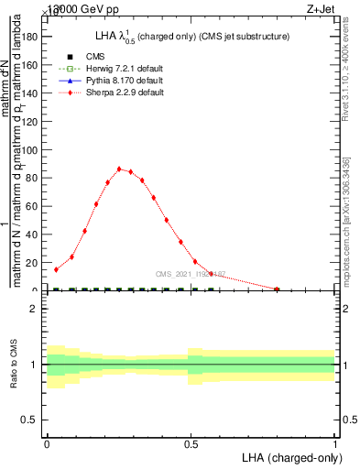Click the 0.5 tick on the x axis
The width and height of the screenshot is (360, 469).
[x=191, y=444]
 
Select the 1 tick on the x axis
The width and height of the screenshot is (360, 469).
[x=335, y=444]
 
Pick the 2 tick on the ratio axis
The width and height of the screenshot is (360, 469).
[x=36, y=309]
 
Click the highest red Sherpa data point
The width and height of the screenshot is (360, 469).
[x=119, y=169]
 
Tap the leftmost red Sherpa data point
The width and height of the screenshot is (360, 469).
[x=56, y=269]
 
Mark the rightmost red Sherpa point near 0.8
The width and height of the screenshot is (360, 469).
[x=277, y=289]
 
